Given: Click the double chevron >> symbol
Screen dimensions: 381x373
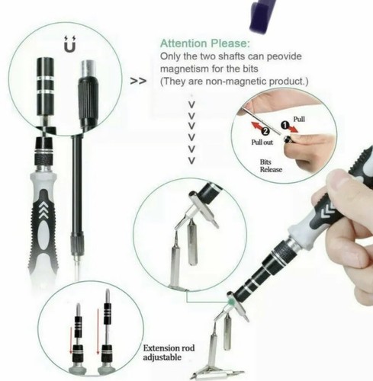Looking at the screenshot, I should click(139, 78).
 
